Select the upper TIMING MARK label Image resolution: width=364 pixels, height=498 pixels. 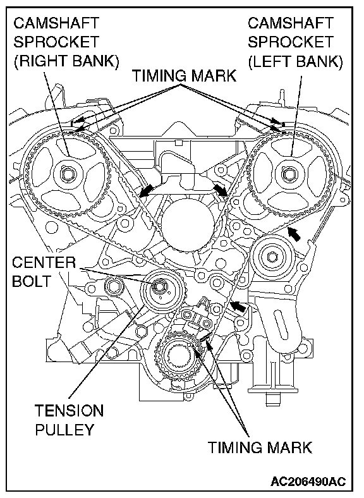coord(185,76)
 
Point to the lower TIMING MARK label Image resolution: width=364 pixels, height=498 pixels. coord(260,447)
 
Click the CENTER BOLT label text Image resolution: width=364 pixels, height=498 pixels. coord(44,272)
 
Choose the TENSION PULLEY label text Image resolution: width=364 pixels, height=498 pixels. coord(69,420)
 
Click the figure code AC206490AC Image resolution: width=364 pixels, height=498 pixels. coord(308,482)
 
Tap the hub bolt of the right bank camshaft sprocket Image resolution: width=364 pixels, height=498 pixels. coord(68,174)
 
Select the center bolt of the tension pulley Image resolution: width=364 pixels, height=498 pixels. coord(159,286)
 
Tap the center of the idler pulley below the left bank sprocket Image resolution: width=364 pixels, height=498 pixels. coord(272,257)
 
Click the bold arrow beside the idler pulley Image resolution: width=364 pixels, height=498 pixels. coord(294,234)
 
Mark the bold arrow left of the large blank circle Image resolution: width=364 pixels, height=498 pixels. coord(146,190)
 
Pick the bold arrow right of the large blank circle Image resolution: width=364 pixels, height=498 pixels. coord(221,190)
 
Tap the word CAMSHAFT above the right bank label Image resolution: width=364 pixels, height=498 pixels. coord(56,23)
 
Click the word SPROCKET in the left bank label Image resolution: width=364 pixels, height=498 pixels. coord(290,42)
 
